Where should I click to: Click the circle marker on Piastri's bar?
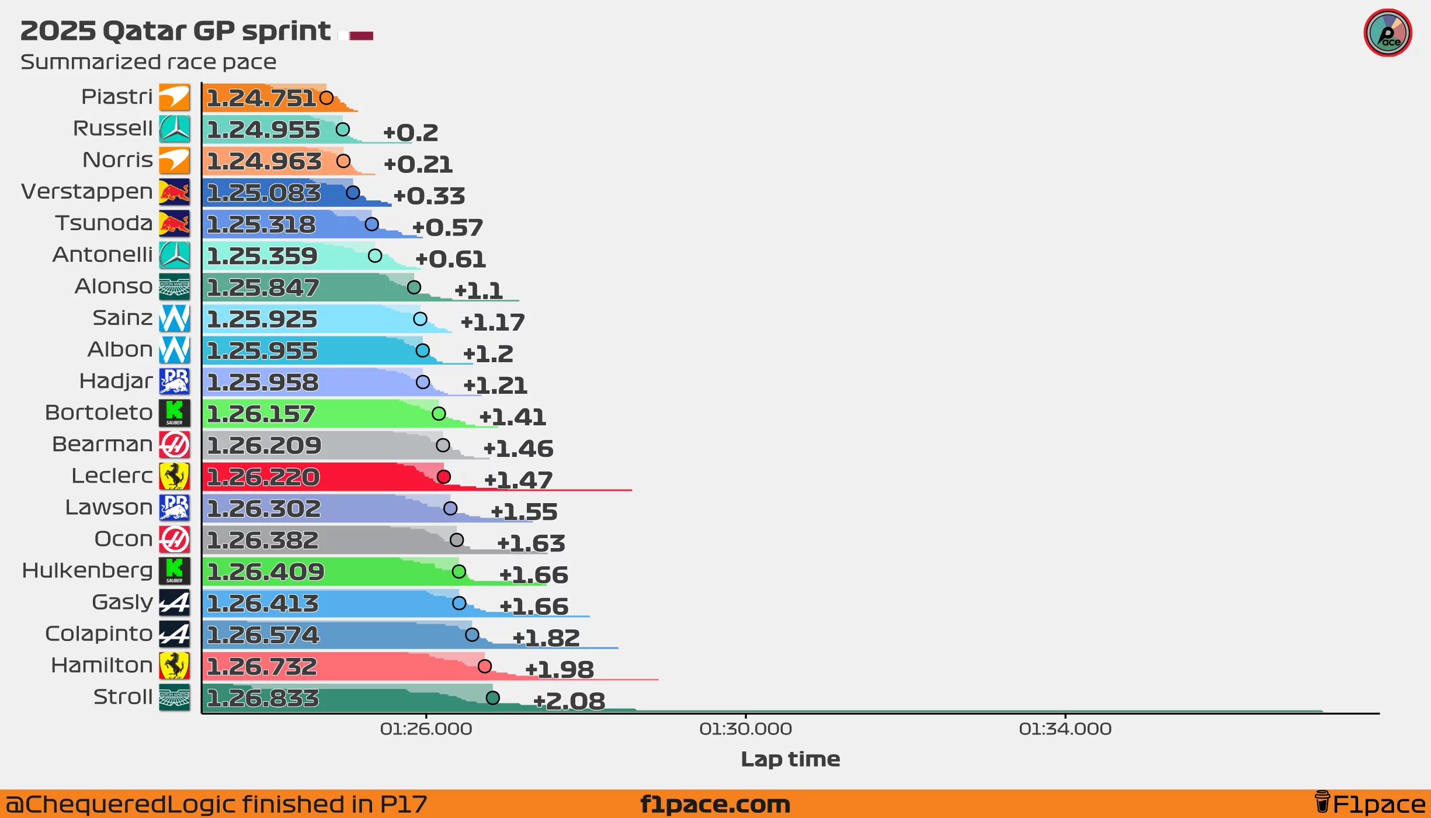pyautogui.click(x=327, y=98)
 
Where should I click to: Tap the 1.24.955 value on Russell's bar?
pyautogui.click(x=263, y=130)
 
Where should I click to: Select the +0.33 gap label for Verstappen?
pyautogui.click(x=429, y=196)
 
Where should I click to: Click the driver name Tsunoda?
pyautogui.click(x=104, y=223)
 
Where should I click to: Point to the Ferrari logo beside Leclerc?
pyautogui.click(x=174, y=476)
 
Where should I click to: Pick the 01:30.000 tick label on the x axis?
pyautogui.click(x=745, y=729)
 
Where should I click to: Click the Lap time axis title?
pyautogui.click(x=790, y=758)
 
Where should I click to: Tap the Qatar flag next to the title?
pyautogui.click(x=356, y=36)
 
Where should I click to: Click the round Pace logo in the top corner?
pyautogui.click(x=1388, y=33)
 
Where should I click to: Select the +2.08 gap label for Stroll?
pyautogui.click(x=569, y=701)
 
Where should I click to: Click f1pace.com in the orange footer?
pyautogui.click(x=715, y=804)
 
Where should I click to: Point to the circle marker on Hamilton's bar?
pyautogui.click(x=484, y=666)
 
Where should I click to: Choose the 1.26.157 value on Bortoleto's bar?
pyautogui.click(x=261, y=414)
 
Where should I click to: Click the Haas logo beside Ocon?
pyautogui.click(x=174, y=539)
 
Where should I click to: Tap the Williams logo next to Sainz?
pyautogui.click(x=174, y=318)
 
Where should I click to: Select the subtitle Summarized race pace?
pyautogui.click(x=148, y=62)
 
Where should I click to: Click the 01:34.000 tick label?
pyautogui.click(x=1065, y=729)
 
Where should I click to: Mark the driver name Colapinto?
pyautogui.click(x=99, y=633)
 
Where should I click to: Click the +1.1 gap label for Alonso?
pyautogui.click(x=478, y=290)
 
